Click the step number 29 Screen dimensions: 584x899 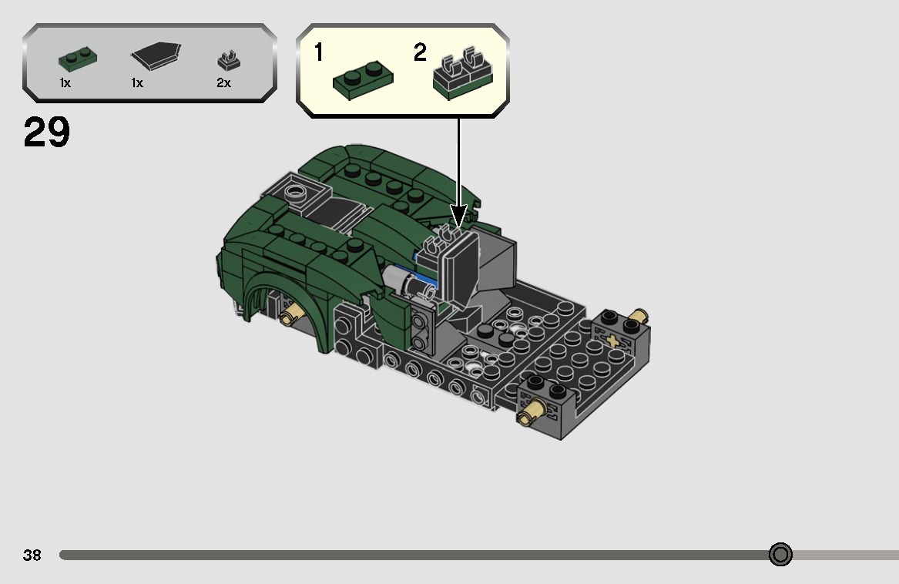coord(47,133)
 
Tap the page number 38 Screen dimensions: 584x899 coord(32,555)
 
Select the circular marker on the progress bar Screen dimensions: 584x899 coord(780,555)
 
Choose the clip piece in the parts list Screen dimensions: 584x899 coord(226,60)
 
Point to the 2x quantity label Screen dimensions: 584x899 coord(223,83)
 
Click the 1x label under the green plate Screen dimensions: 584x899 coord(65,83)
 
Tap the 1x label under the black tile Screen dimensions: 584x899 coord(137,83)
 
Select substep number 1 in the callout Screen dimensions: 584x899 coord(318,53)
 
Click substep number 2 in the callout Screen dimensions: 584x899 coord(420,53)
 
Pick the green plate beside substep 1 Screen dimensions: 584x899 coord(362,78)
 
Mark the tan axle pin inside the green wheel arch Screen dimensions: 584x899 coord(290,314)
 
